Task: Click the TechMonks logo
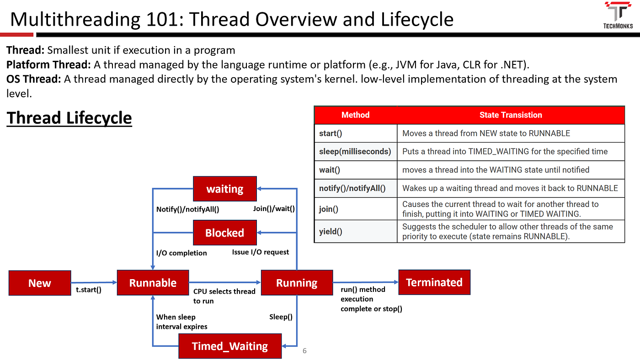point(618,15)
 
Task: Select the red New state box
point(40,283)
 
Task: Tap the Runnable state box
point(153,283)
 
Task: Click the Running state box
point(297,283)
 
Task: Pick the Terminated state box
point(434,282)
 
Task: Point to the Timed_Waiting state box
point(230,346)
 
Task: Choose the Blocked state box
point(225,233)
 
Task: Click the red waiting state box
point(225,189)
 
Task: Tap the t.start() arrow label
point(89,290)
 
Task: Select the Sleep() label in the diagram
point(281,317)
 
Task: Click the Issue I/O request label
point(260,252)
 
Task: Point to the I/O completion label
point(181,253)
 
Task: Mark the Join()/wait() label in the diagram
point(274,209)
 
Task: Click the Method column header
point(356,115)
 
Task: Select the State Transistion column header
point(511,115)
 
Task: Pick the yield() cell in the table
point(331,231)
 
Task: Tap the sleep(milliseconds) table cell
point(355,151)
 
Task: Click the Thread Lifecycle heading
point(69,118)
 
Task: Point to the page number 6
point(304,350)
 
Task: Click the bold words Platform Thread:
point(48,65)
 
